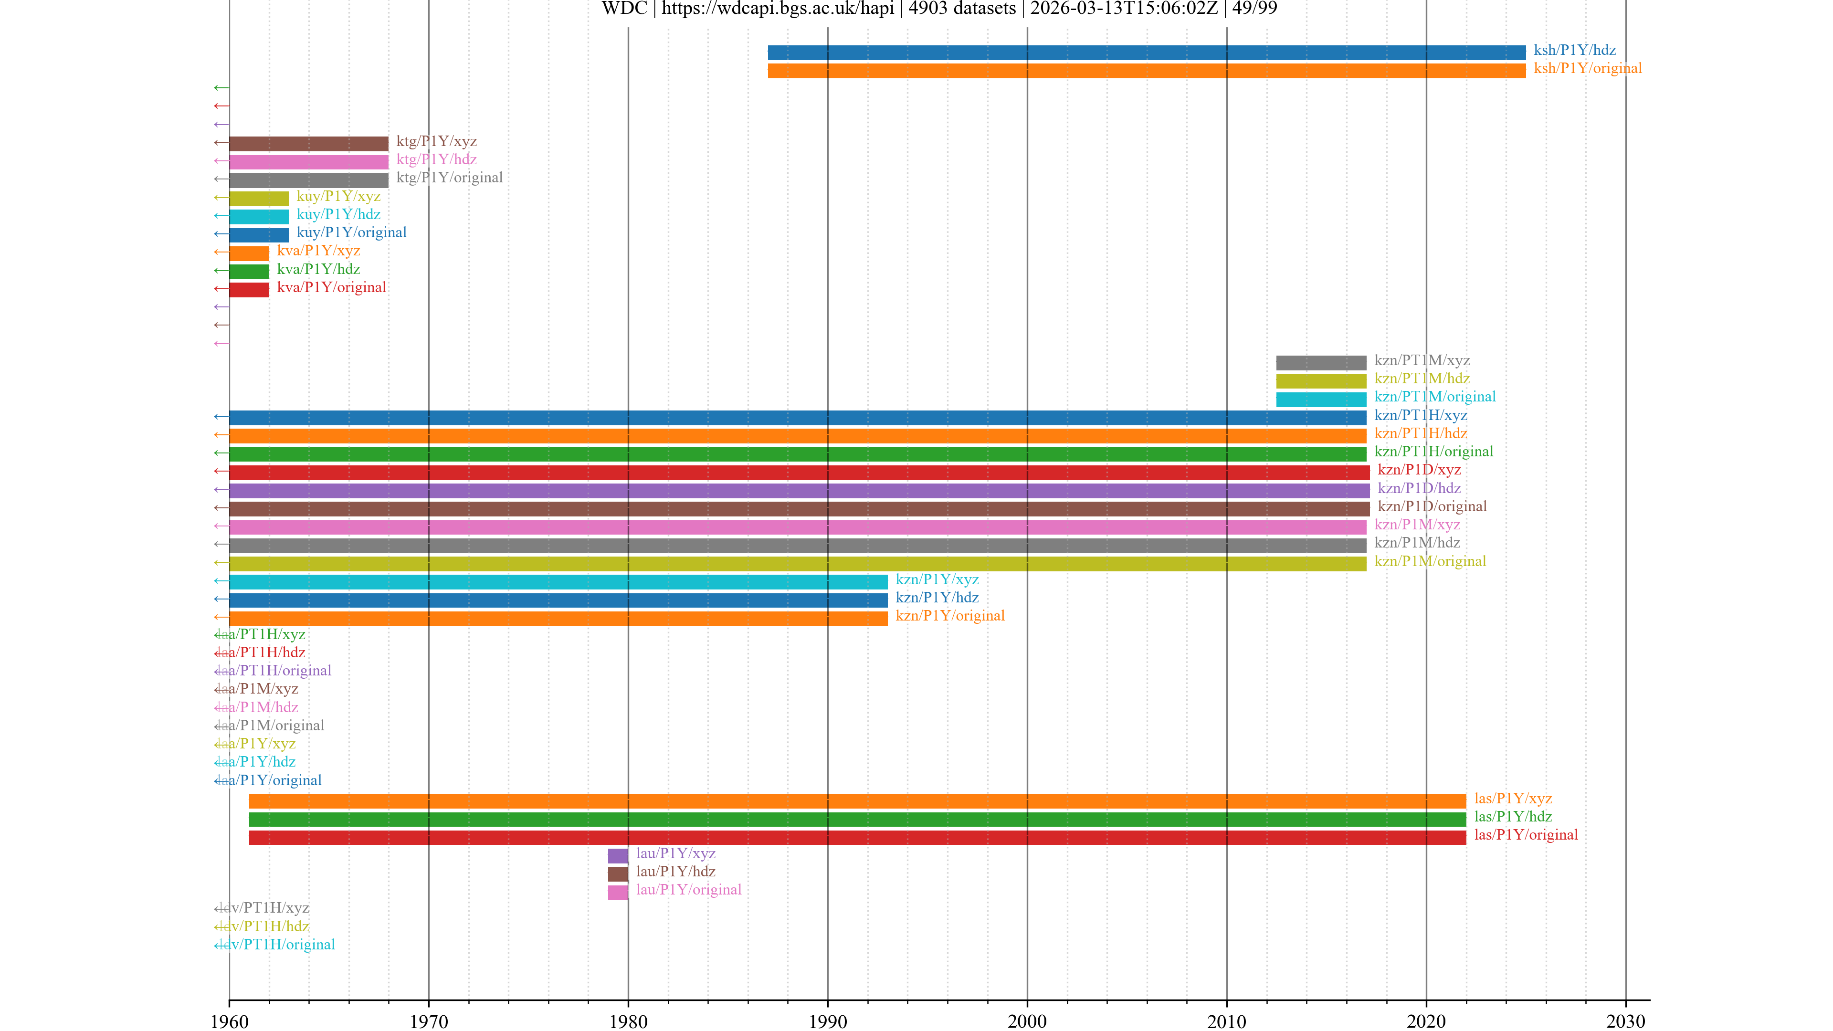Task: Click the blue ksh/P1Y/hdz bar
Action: click(1146, 52)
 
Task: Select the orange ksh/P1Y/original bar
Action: click(1146, 71)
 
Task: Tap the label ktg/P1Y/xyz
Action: click(436, 142)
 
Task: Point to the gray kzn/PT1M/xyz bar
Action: click(1321, 362)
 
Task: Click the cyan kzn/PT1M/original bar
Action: click(1321, 399)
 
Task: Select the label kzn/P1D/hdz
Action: click(1419, 488)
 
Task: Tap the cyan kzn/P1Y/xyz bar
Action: click(558, 581)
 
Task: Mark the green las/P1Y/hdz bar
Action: click(857, 819)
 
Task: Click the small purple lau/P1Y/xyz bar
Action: click(618, 855)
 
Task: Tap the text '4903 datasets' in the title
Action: click(962, 9)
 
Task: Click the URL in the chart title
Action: click(778, 9)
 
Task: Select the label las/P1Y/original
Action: click(1526, 835)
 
